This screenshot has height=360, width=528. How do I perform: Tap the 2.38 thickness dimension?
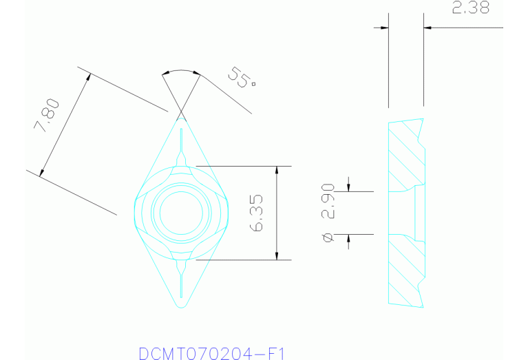[x=470, y=9]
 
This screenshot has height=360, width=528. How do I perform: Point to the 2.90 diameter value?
[x=328, y=201]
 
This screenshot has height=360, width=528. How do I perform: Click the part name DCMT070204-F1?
[x=211, y=353]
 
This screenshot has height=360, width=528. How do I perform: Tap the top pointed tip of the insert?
[x=182, y=118]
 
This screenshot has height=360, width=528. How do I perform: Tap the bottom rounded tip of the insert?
[x=181, y=305]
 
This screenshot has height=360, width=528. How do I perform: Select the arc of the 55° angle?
[x=181, y=71]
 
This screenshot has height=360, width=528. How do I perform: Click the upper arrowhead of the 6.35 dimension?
[x=277, y=170]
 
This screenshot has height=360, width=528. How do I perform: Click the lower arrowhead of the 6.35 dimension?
[x=277, y=255]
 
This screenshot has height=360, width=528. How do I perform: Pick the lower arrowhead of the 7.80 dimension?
[x=43, y=172]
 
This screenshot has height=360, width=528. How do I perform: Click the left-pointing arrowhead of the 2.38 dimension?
[x=427, y=28]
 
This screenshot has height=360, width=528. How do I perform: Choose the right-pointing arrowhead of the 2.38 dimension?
[x=384, y=28]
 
